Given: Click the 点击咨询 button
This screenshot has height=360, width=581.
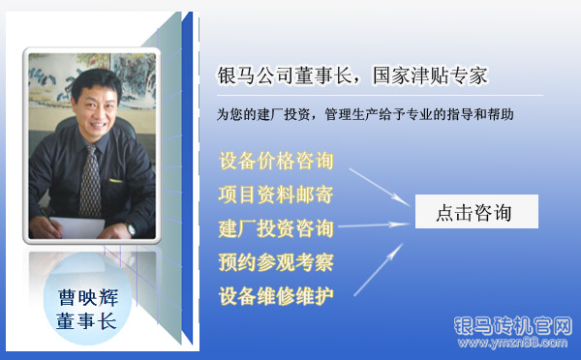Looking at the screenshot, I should click(475, 212).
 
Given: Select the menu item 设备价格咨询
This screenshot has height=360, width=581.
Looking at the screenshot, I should click(276, 160).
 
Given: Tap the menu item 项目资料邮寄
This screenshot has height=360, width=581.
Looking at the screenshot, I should click(276, 195).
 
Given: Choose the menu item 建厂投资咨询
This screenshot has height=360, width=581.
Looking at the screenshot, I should click(276, 228).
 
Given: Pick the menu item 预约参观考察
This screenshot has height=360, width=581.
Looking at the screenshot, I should click(276, 262).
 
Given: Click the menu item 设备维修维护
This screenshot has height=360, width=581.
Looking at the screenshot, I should click(276, 295).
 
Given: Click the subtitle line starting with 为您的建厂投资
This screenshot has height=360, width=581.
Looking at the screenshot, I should click(365, 114).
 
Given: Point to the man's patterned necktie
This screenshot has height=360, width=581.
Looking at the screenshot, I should click(89, 179).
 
